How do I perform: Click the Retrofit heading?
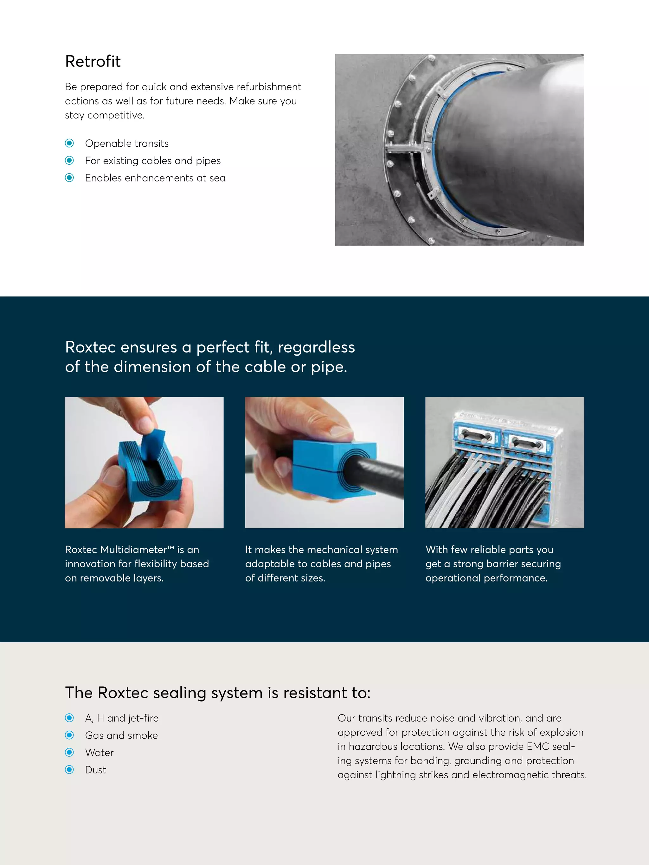[93, 61]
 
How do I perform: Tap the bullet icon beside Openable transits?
[70, 143]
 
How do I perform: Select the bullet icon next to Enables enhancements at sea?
[70, 178]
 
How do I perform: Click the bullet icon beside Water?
[70, 752]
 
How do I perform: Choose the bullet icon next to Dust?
[70, 770]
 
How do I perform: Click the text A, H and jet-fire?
[122, 718]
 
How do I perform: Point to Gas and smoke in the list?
[121, 735]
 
